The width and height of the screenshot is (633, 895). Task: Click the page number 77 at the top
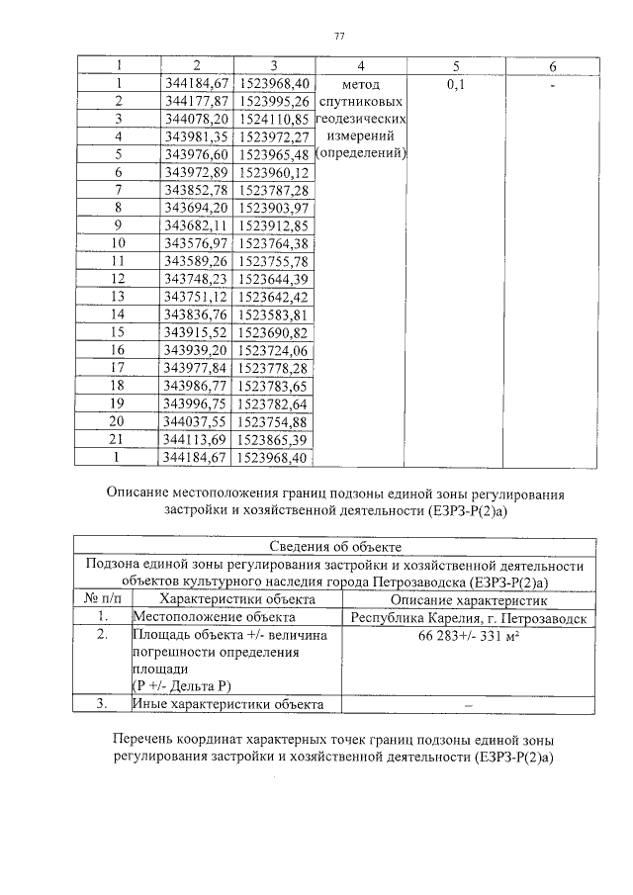pyautogui.click(x=339, y=37)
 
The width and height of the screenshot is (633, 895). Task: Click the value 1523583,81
pyautogui.click(x=275, y=314)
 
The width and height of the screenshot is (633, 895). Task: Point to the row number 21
pyautogui.click(x=119, y=440)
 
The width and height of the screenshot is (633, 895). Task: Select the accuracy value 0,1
pyautogui.click(x=456, y=84)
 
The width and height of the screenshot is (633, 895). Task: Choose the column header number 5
pyautogui.click(x=456, y=65)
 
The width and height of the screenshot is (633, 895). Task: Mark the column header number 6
pyautogui.click(x=552, y=65)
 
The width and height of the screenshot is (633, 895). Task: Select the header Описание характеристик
pyautogui.click(x=469, y=598)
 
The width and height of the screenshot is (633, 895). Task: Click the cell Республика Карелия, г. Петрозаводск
pyautogui.click(x=469, y=617)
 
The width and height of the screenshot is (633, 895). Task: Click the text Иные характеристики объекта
pyautogui.click(x=228, y=704)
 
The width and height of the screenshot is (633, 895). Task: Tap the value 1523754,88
pyautogui.click(x=275, y=422)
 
